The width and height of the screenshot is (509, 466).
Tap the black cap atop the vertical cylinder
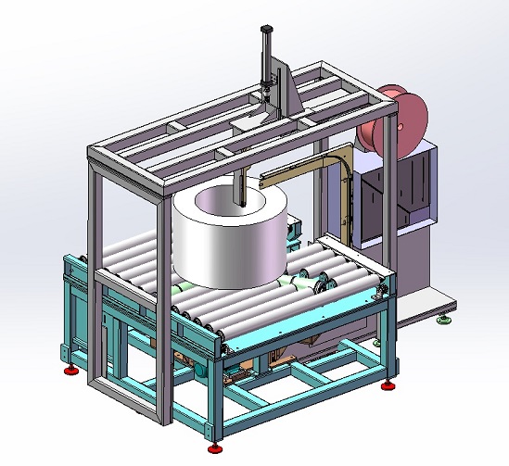[267, 31]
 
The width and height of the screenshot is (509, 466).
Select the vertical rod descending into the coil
[239, 190]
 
